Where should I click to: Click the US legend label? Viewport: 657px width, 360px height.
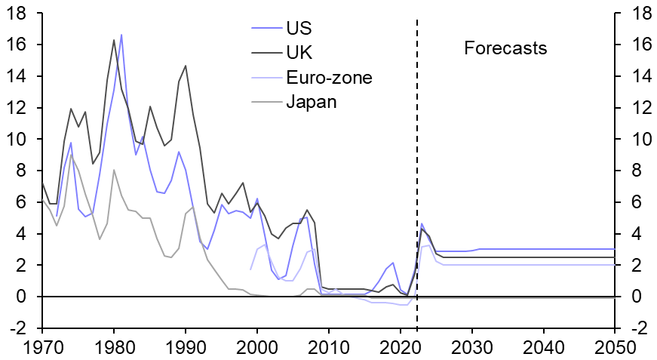(299, 29)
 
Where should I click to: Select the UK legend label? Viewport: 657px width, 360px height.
(299, 53)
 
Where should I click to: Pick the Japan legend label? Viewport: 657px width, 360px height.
(311, 101)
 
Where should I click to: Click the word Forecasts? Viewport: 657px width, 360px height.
(505, 49)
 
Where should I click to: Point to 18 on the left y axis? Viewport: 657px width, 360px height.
(20, 14)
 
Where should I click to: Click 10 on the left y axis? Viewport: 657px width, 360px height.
(20, 140)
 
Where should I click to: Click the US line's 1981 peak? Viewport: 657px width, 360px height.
(121, 35)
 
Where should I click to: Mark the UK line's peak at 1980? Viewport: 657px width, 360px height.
(114, 40)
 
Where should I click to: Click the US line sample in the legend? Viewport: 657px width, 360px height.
(266, 29)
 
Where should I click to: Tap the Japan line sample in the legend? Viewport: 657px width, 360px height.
(266, 101)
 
